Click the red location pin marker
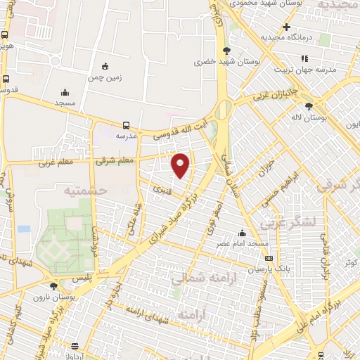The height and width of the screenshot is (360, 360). (x=181, y=165)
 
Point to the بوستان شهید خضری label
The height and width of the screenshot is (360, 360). (x=224, y=62)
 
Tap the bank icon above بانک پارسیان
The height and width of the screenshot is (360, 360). (x=269, y=259)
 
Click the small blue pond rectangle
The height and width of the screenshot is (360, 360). (x=25, y=229)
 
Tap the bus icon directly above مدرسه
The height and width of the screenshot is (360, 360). (x=126, y=124)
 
